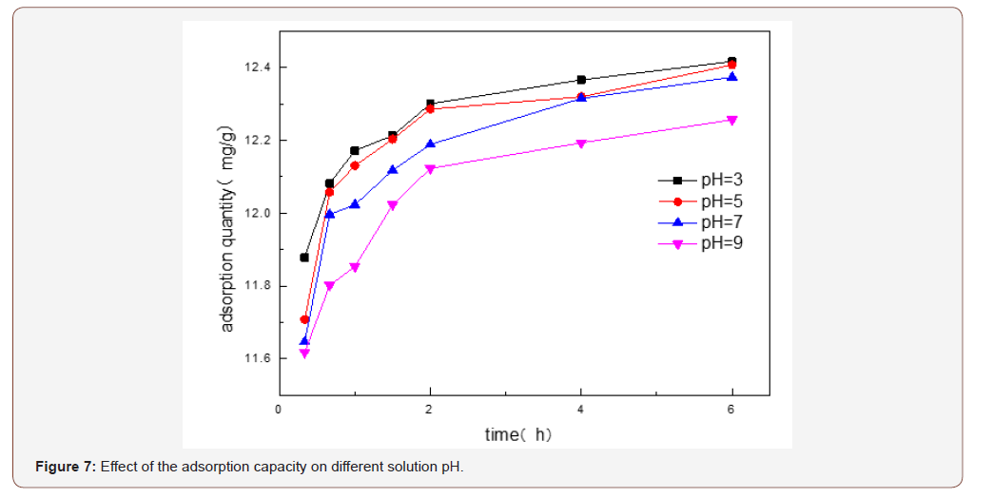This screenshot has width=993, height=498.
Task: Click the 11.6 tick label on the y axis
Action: (257, 358)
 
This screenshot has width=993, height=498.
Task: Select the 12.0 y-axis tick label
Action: (257, 213)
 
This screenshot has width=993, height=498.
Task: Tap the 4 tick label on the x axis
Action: (580, 410)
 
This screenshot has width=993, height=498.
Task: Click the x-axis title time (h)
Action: (518, 434)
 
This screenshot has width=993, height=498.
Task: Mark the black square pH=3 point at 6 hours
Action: (731, 62)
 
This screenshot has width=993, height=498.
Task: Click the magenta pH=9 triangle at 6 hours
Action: (731, 120)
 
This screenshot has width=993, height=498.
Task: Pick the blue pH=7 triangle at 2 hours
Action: (430, 144)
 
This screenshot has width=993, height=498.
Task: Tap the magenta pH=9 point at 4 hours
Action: (580, 144)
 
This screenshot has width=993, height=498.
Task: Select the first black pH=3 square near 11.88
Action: (304, 258)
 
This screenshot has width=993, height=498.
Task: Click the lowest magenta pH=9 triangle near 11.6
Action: (304, 354)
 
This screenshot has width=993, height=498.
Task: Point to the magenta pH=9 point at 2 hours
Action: (430, 169)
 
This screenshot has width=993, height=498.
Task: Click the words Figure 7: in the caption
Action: (65, 467)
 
